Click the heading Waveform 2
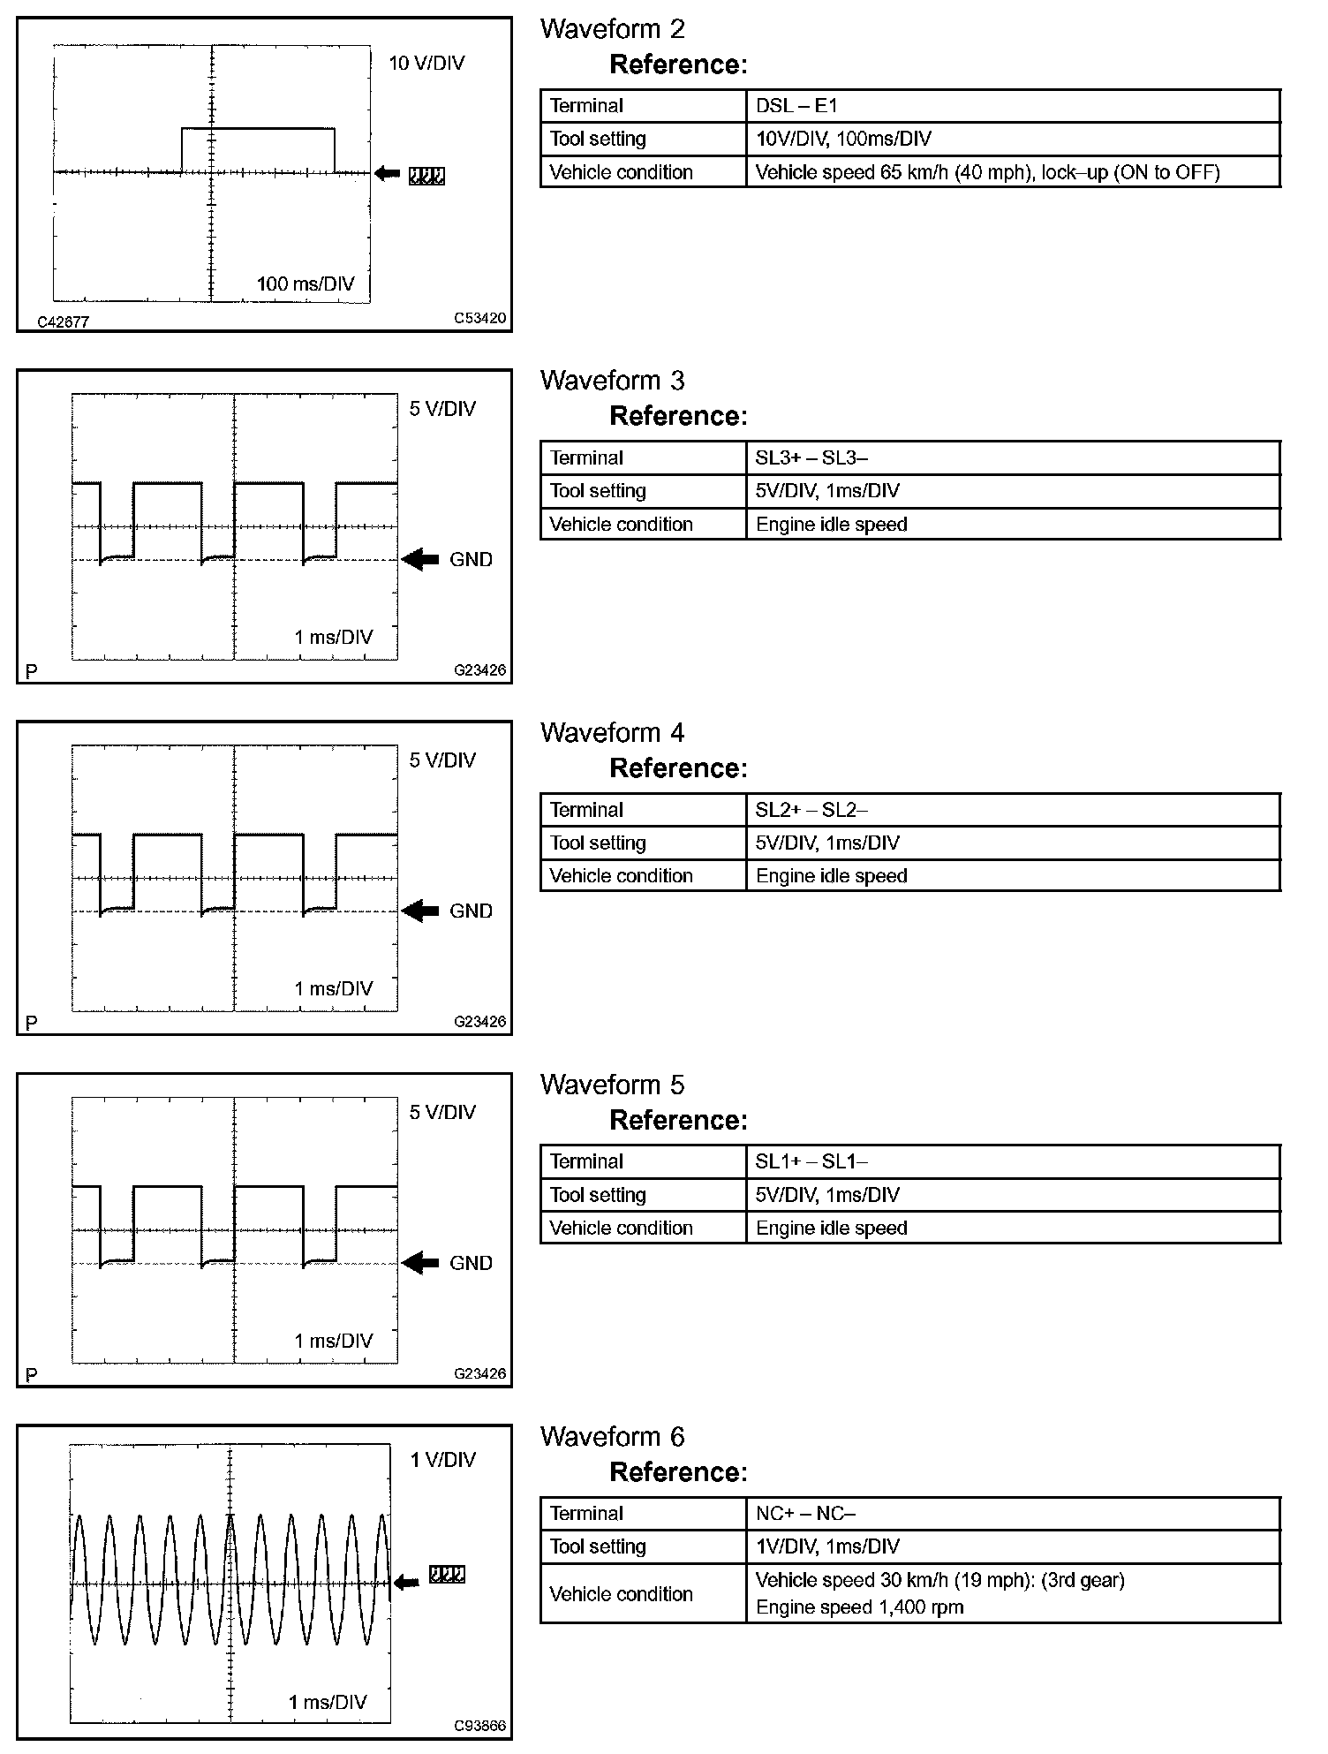pos(612,29)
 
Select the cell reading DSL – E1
pos(796,106)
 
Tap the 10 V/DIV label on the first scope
pos(426,63)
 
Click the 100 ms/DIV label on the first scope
pos(306,284)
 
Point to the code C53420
pos(480,318)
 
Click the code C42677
pos(63,322)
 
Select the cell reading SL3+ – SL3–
pos(811,457)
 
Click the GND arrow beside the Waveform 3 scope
pos(421,559)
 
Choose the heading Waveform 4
pos(612,733)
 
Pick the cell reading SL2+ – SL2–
pos(811,810)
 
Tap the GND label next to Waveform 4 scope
pos(471,911)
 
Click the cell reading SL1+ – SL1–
pos(811,1161)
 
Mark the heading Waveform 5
pos(612,1085)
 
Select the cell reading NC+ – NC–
pos(805,1513)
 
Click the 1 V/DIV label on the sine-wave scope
pos(442,1460)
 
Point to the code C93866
pos(480,1725)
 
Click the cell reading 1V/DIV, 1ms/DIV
pos(827,1546)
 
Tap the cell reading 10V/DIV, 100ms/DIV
pos(843,139)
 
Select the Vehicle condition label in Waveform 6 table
pos(621,1594)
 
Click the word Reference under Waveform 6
pos(677,1472)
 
